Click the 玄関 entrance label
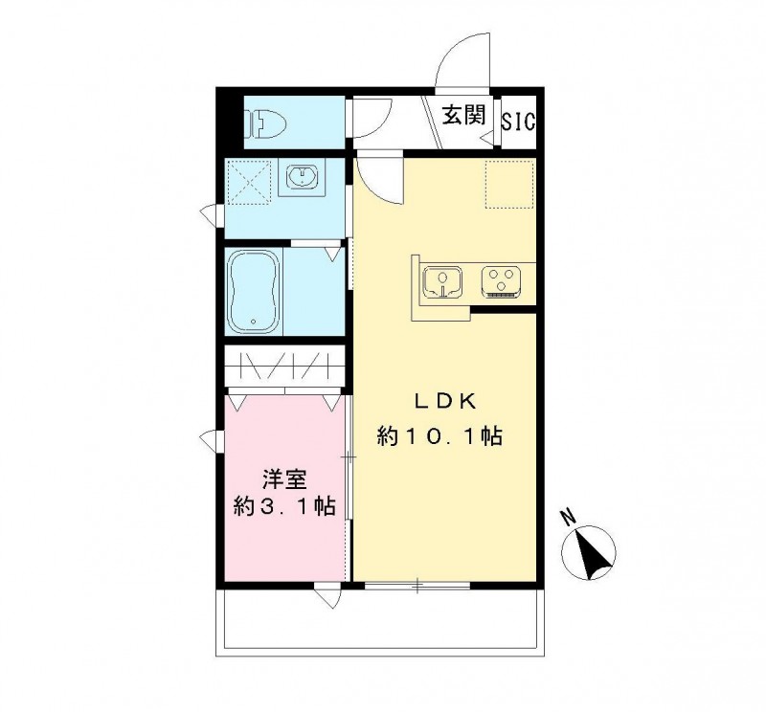[463, 117]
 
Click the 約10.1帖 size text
[439, 436]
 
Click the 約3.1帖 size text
[284, 506]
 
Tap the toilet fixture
[269, 123]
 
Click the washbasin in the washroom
[302, 178]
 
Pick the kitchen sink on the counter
[442, 280]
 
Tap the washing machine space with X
[251, 179]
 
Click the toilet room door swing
[371, 117]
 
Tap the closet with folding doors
[283, 367]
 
